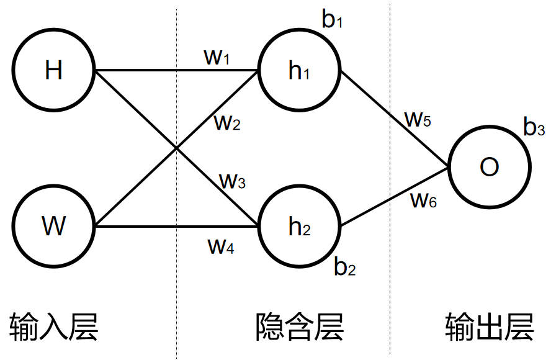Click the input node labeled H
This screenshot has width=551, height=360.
click(54, 71)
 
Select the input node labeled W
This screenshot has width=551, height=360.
click(54, 227)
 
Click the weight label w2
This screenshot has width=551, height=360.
click(227, 123)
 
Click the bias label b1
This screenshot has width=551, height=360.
click(332, 20)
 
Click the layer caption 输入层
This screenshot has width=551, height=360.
click(54, 326)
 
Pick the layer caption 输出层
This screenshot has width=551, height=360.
click(490, 326)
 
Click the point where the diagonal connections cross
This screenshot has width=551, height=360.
click(177, 148)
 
